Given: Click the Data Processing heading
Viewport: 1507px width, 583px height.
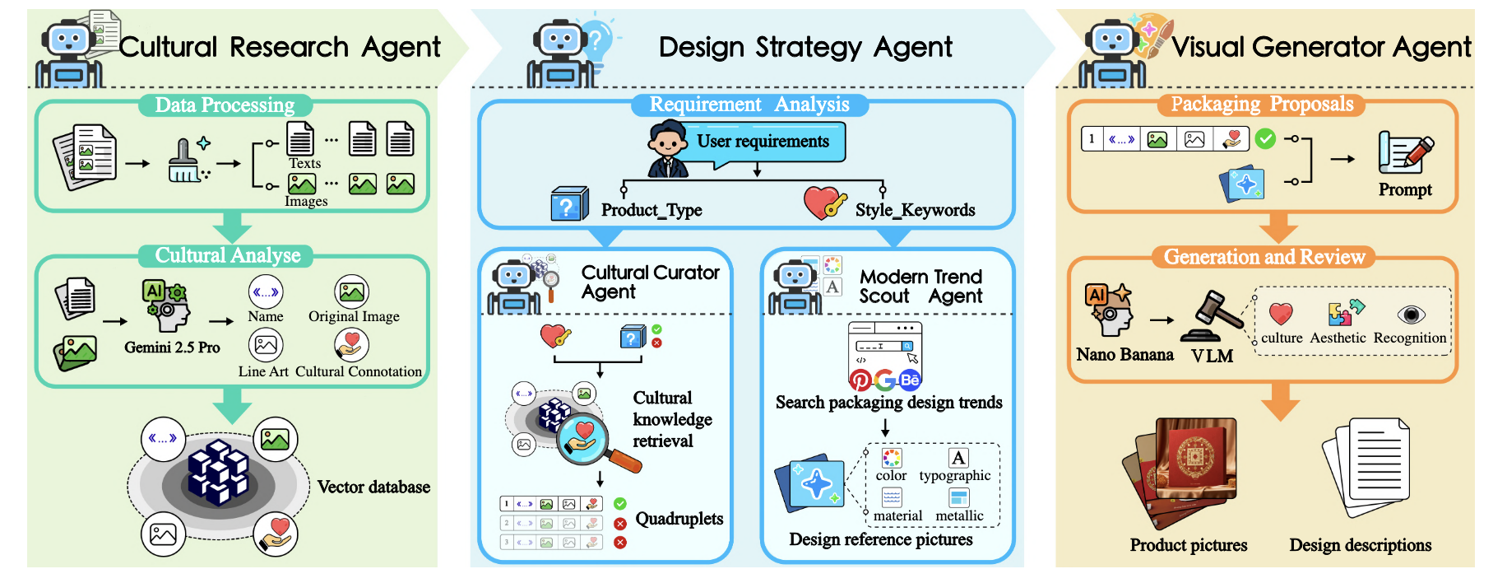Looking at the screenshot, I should pyautogui.click(x=225, y=105).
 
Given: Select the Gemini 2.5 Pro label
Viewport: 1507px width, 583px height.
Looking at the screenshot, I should pyautogui.click(x=172, y=347).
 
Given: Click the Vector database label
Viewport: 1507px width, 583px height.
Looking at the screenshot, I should pyautogui.click(x=373, y=487).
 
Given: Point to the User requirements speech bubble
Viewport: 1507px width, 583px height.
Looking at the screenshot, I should pyautogui.click(x=763, y=142).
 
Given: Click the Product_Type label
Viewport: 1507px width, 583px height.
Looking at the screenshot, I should pyautogui.click(x=651, y=210).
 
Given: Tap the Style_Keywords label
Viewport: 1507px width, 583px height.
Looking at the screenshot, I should pyautogui.click(x=915, y=210).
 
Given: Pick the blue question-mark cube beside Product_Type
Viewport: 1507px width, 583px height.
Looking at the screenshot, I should pyautogui.click(x=568, y=203).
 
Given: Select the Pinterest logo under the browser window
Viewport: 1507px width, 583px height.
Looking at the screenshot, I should pyautogui.click(x=860, y=380).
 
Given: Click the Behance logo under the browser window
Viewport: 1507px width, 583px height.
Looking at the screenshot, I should pyautogui.click(x=910, y=380).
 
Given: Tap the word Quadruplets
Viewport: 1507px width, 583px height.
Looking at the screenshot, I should pyautogui.click(x=679, y=519).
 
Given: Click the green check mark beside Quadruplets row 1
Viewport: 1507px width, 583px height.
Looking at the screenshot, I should pyautogui.click(x=620, y=503).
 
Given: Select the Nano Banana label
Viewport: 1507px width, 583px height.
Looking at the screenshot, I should pyautogui.click(x=1124, y=355).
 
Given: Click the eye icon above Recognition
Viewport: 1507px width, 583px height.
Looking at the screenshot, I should pyautogui.click(x=1411, y=315).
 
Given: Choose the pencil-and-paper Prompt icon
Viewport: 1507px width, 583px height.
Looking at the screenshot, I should pyautogui.click(x=1405, y=153).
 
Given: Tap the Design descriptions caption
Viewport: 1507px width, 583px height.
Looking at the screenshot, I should pyautogui.click(x=1360, y=545).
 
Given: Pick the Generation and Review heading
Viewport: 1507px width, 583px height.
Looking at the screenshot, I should pyautogui.click(x=1264, y=257).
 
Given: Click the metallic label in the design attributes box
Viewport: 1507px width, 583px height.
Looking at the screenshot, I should pyautogui.click(x=959, y=515).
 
